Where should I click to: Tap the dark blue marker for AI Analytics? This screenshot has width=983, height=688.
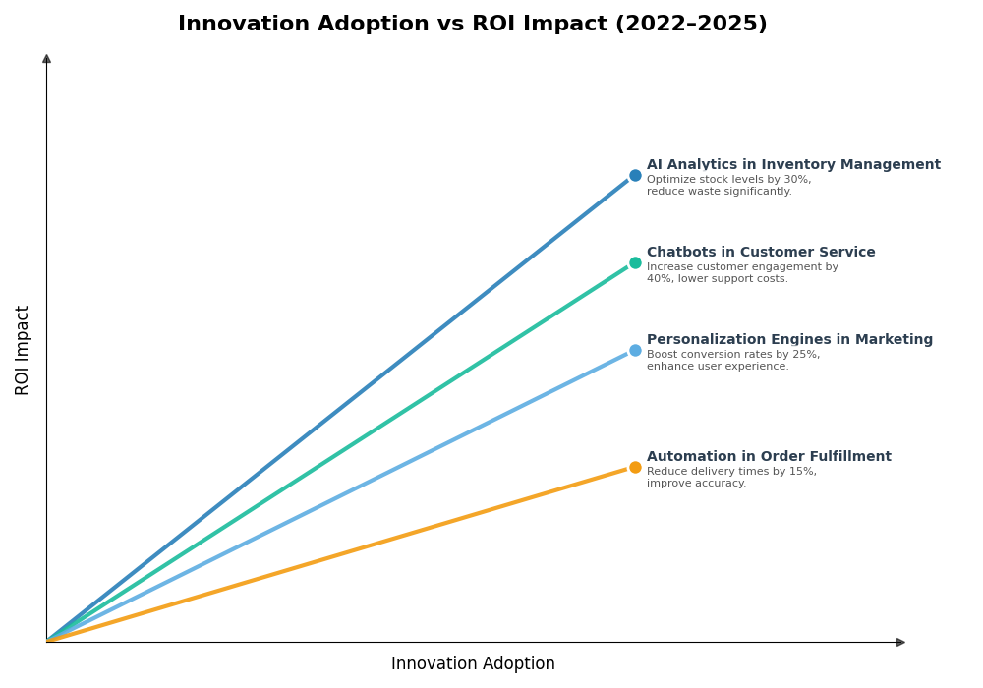coord(635,176)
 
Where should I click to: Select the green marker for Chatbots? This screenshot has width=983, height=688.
coord(635,263)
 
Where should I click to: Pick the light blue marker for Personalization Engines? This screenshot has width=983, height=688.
coord(635,351)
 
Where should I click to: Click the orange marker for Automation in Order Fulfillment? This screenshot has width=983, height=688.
coord(635,468)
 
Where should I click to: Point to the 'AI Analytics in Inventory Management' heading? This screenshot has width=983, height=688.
coord(793,165)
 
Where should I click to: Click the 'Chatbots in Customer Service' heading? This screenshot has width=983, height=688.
coord(761,253)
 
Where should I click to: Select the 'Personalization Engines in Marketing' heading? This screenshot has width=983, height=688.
coord(789,340)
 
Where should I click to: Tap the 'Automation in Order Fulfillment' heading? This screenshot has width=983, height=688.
coord(769,457)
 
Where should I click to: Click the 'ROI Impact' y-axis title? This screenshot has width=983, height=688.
coord(23,350)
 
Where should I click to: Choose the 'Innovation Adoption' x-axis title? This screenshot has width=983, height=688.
coord(473,664)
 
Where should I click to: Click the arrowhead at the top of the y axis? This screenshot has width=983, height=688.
coord(46,59)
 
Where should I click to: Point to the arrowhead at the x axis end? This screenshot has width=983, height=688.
coord(900,643)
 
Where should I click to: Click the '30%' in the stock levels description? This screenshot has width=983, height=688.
coord(797,180)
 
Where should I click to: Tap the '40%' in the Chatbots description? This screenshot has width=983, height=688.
coord(659,279)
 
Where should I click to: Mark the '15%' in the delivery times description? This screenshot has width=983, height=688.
coord(802,472)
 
